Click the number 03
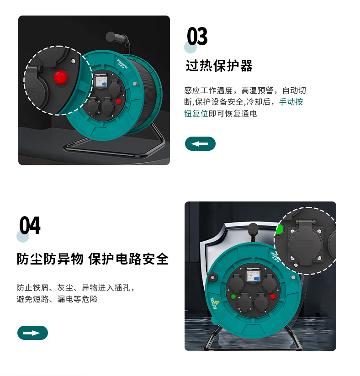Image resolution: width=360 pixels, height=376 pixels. coord(197,36)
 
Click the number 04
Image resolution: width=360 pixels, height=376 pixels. coord(30,225)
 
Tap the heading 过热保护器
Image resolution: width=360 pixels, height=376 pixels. coord(219,66)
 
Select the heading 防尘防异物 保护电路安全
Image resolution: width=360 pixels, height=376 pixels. coord(93,259)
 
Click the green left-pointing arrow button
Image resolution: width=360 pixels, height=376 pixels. coord(200,143)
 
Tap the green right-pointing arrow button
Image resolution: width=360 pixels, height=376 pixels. coord(32,333)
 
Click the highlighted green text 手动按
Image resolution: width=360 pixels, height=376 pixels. coord(291,102)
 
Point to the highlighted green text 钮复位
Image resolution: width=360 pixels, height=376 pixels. coord(196,114)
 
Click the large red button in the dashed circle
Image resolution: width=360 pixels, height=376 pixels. coord(60,77)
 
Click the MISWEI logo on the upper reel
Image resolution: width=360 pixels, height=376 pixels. coord(122,64)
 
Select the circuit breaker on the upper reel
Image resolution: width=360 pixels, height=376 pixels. coord(101,80)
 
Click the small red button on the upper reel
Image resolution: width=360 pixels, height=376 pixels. coord(118,101)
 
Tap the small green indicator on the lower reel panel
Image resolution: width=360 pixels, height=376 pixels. coord(233,297)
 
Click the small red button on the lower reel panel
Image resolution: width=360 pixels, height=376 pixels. coord(273,297)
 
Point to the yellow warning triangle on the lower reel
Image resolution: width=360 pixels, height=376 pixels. coord(217,302)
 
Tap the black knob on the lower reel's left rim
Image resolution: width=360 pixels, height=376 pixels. coord(212,278)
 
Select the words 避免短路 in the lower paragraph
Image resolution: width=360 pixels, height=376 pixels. coord(32,299)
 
